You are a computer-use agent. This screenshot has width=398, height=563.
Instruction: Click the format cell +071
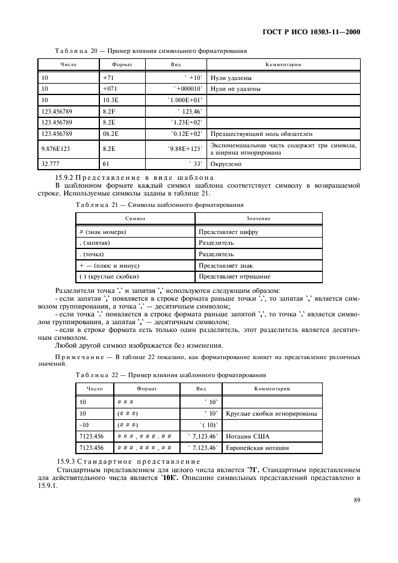tap(111, 89)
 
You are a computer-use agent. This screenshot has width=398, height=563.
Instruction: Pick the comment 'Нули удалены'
tap(231, 78)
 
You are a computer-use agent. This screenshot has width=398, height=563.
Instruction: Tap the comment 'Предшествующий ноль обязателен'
tap(261, 134)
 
